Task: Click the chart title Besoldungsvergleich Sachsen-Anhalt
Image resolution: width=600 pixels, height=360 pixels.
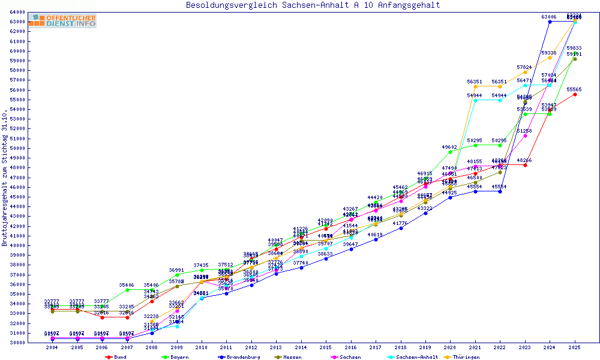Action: (313, 5)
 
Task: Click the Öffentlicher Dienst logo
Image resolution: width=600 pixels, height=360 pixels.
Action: (62, 21)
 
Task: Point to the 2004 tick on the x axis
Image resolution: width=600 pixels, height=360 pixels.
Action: (52, 347)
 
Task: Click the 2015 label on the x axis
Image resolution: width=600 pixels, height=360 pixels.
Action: (326, 347)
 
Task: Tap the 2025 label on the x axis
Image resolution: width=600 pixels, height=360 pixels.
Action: (575, 347)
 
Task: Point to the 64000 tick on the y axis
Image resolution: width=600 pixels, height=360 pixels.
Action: (17, 12)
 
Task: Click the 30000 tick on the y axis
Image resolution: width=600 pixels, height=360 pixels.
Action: (17, 342)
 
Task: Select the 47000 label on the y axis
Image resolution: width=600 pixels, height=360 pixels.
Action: (17, 177)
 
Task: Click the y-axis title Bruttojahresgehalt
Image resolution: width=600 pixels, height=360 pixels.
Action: (5, 178)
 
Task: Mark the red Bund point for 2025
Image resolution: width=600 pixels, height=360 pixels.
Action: (575, 94)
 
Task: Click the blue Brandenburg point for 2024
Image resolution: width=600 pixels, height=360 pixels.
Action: (550, 22)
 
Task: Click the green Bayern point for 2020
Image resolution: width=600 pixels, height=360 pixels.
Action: (450, 152)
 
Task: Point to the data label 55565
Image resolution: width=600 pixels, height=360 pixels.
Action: (575, 89)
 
